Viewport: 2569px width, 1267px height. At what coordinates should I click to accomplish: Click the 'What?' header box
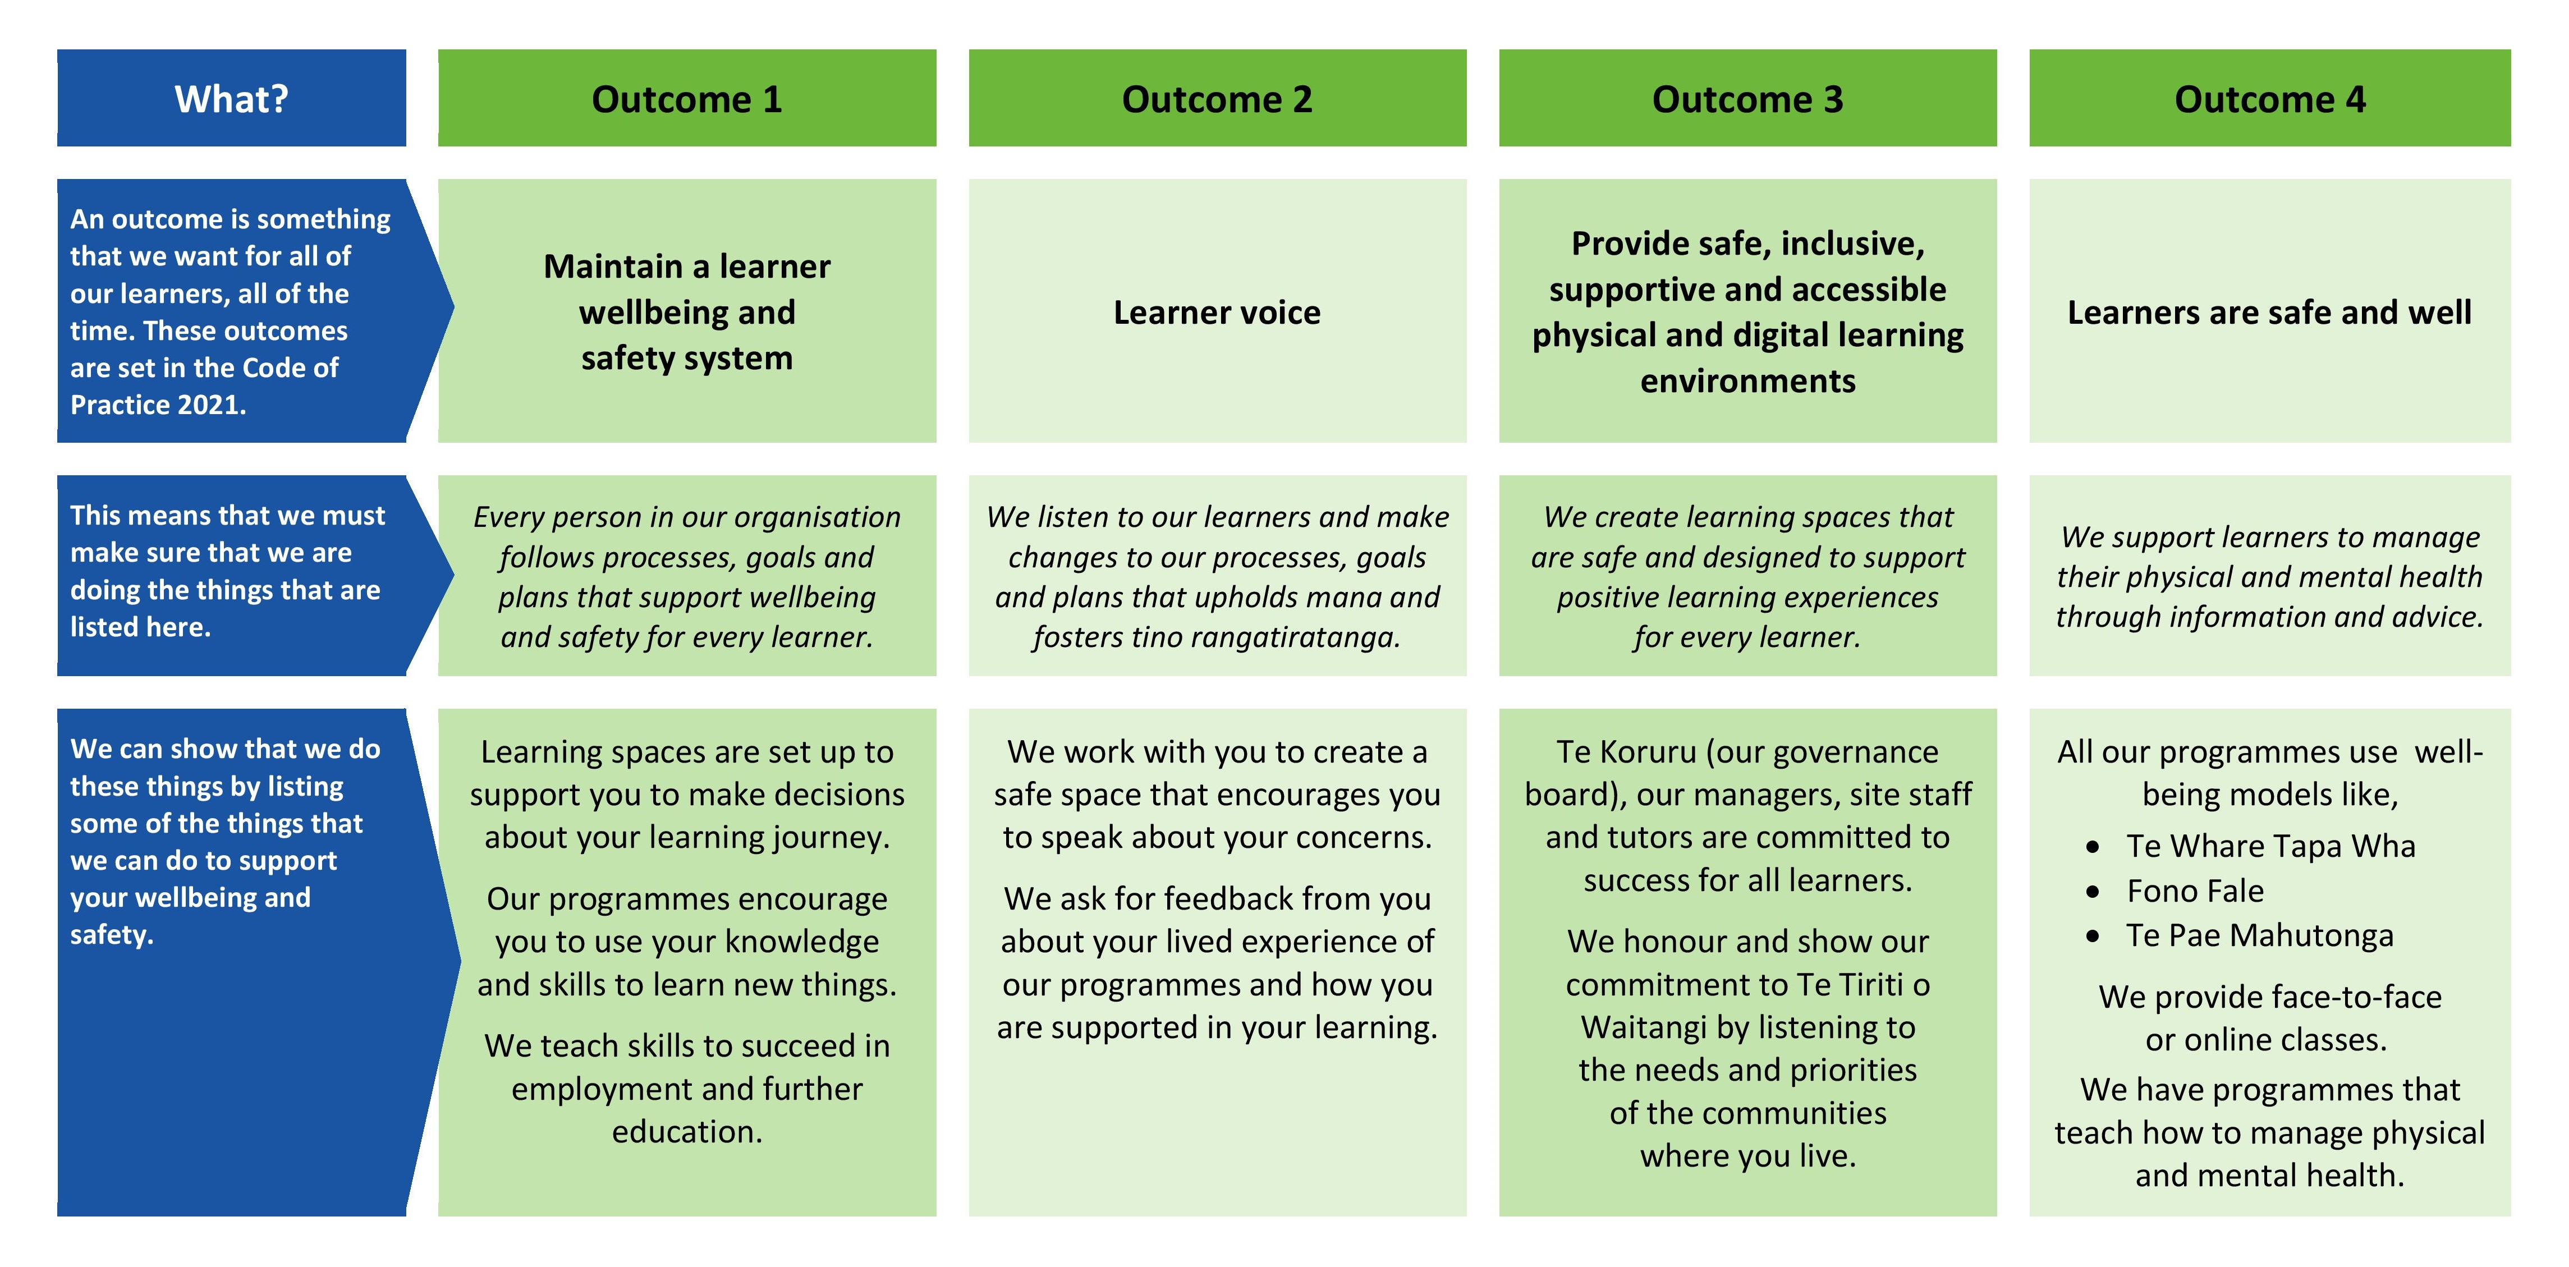pyautogui.click(x=231, y=99)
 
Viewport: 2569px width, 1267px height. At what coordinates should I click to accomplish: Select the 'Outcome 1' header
pyautogui.click(x=686, y=99)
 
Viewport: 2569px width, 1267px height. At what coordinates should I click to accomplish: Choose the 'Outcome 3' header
pyautogui.click(x=1747, y=99)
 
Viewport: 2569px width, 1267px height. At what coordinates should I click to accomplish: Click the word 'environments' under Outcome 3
pyautogui.click(x=1747, y=381)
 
